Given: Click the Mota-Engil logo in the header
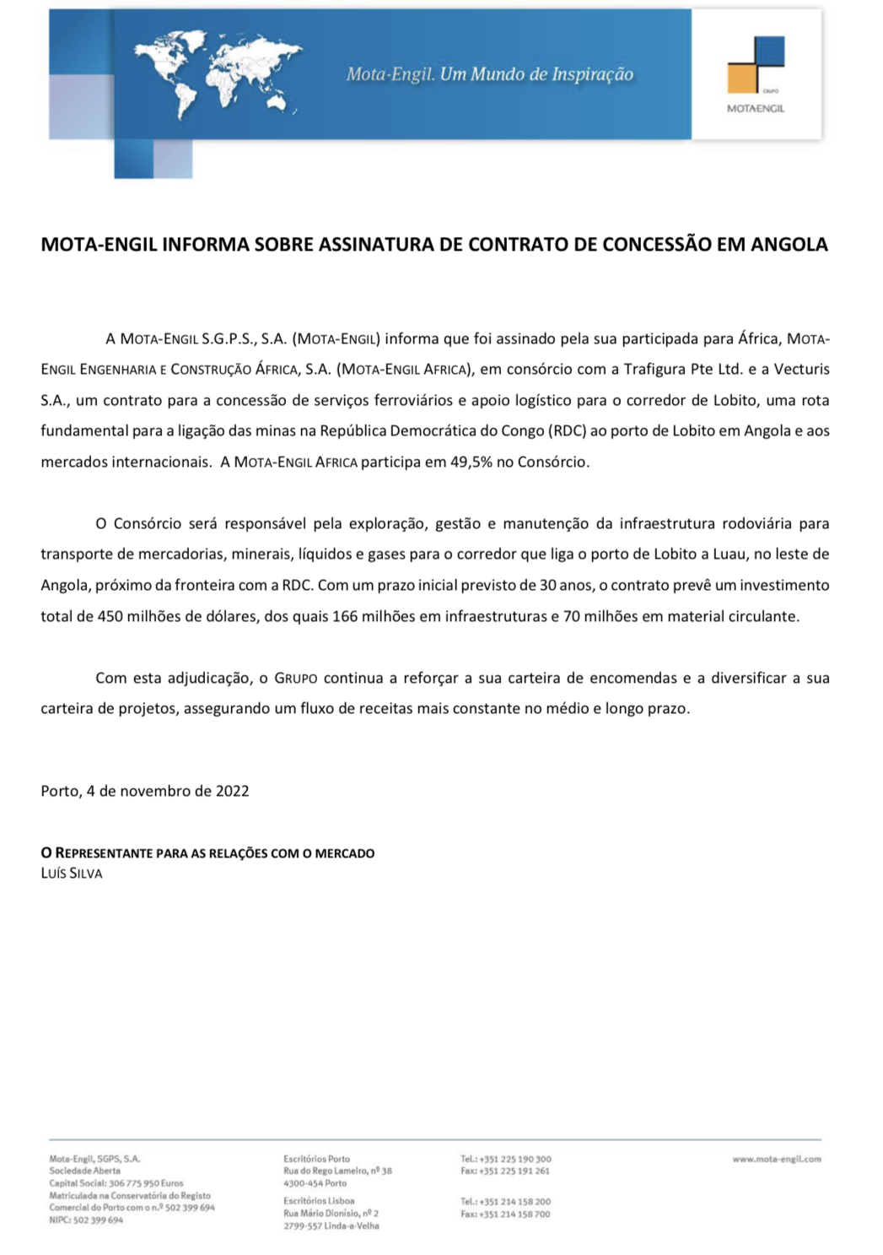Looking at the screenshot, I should pyautogui.click(x=756, y=74).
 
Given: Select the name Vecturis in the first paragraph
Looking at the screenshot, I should pyautogui.click(x=801, y=369).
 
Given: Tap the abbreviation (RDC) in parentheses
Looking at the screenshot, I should pyautogui.click(x=567, y=430).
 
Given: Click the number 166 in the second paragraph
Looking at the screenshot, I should pyautogui.click(x=345, y=616).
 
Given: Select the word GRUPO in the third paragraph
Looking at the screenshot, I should pyautogui.click(x=295, y=679).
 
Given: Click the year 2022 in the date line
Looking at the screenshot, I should pyautogui.click(x=232, y=791).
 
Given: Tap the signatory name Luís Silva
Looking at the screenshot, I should pyautogui.click(x=72, y=874).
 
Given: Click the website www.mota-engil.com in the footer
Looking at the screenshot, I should pyautogui.click(x=776, y=1159).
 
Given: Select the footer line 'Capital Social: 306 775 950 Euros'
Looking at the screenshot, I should pyautogui.click(x=116, y=1183).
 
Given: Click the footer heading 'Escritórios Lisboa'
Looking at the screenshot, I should pyautogui.click(x=319, y=1200).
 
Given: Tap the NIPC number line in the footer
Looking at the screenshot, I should pyautogui.click(x=86, y=1220).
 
